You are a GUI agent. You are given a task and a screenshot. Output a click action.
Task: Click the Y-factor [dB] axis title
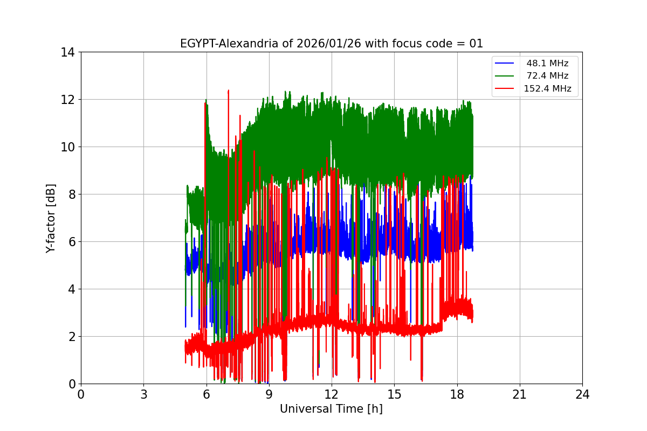pos(51,218)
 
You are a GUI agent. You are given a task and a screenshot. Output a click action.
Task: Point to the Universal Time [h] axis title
pos(331,409)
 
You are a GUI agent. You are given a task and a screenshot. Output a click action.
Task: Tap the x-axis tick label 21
pos(520,394)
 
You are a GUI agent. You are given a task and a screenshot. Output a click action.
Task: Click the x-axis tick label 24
pos(582,394)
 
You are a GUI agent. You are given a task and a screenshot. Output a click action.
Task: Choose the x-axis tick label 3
pos(143,394)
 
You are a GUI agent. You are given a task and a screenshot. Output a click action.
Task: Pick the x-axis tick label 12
pos(332,394)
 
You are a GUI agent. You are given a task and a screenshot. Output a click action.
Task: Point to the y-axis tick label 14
pos(67,52)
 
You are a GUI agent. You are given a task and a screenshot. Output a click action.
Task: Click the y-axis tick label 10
pos(67,147)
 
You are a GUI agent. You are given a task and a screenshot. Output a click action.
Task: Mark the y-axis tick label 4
pos(71,289)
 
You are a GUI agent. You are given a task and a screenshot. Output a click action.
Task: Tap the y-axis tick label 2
pos(71,337)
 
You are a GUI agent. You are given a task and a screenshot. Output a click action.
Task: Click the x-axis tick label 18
pos(457,394)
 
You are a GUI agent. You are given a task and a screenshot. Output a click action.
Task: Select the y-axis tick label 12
pos(67,100)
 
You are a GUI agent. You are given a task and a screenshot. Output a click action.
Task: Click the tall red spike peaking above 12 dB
pos(229,93)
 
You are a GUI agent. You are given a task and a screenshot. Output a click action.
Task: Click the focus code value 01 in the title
pos(476,44)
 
